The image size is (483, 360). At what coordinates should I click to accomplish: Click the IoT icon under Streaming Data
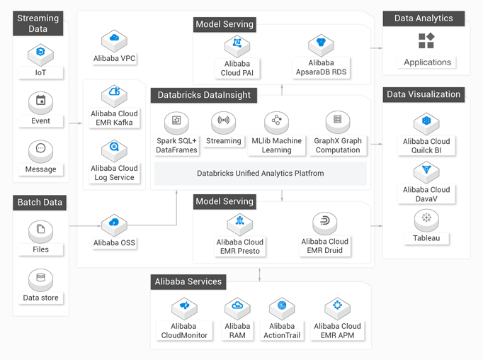[40, 55]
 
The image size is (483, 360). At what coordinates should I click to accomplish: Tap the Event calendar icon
[40, 103]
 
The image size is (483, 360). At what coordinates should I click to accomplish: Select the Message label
[40, 169]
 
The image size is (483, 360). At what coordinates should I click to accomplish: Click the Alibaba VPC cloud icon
[114, 40]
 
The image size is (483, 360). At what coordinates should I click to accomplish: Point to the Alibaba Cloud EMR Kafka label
[114, 118]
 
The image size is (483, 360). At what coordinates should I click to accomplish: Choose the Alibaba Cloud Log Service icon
[114, 150]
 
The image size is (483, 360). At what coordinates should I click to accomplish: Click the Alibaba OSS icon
[114, 225]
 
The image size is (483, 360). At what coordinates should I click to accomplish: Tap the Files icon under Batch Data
[40, 232]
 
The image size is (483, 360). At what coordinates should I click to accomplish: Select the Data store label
[40, 298]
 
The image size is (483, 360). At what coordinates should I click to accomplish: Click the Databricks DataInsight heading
[204, 95]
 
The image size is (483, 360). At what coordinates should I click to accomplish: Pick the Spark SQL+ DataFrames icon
[176, 123]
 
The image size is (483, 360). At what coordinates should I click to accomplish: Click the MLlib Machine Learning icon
[277, 123]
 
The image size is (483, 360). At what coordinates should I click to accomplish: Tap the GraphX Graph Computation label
[338, 145]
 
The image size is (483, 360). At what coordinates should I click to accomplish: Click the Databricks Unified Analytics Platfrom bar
[261, 173]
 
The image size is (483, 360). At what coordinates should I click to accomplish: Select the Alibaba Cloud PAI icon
[237, 46]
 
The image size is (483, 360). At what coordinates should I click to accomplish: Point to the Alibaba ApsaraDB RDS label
[321, 67]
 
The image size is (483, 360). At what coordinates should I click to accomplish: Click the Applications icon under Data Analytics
[426, 40]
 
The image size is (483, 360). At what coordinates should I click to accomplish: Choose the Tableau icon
[426, 220]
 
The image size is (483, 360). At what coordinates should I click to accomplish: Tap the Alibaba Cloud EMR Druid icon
[324, 223]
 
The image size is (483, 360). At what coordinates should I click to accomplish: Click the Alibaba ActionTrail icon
[282, 308]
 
